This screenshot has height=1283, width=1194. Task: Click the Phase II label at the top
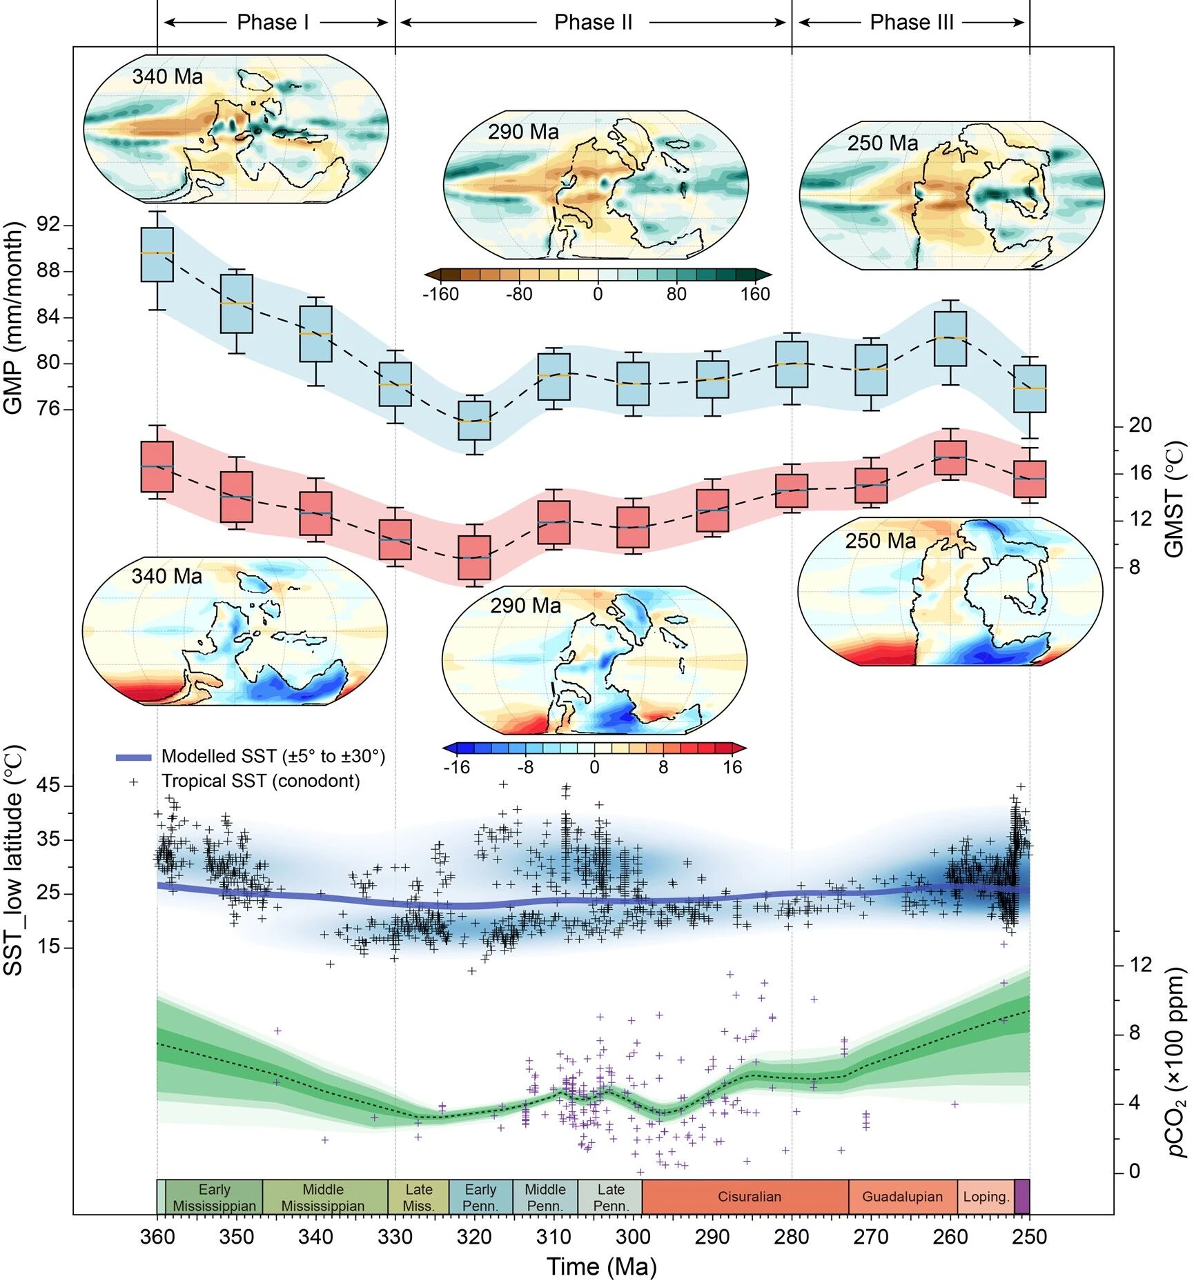(x=593, y=23)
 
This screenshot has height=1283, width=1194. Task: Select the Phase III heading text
(x=911, y=23)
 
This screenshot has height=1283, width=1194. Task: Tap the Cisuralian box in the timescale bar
(x=749, y=1197)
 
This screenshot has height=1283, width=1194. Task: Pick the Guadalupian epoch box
(x=902, y=1197)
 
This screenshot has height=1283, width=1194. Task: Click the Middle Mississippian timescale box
(x=323, y=1197)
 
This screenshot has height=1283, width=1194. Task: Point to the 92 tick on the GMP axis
(x=48, y=225)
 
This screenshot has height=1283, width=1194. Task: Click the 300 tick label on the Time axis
(x=633, y=1237)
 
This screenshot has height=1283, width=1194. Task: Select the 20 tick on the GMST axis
(x=1140, y=425)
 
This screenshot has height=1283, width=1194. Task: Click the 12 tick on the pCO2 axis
(x=1140, y=964)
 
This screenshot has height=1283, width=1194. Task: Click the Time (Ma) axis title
(x=601, y=1266)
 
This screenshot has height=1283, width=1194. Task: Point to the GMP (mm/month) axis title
(x=14, y=318)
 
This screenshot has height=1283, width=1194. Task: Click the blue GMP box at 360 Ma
(x=157, y=255)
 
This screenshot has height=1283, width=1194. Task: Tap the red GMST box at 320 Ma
(x=474, y=557)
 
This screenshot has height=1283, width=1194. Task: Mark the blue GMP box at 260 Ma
(x=950, y=339)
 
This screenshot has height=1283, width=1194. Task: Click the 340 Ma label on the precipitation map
(x=167, y=77)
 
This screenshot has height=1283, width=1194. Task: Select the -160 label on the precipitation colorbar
(x=440, y=295)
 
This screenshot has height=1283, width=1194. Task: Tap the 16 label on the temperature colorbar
(x=732, y=768)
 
